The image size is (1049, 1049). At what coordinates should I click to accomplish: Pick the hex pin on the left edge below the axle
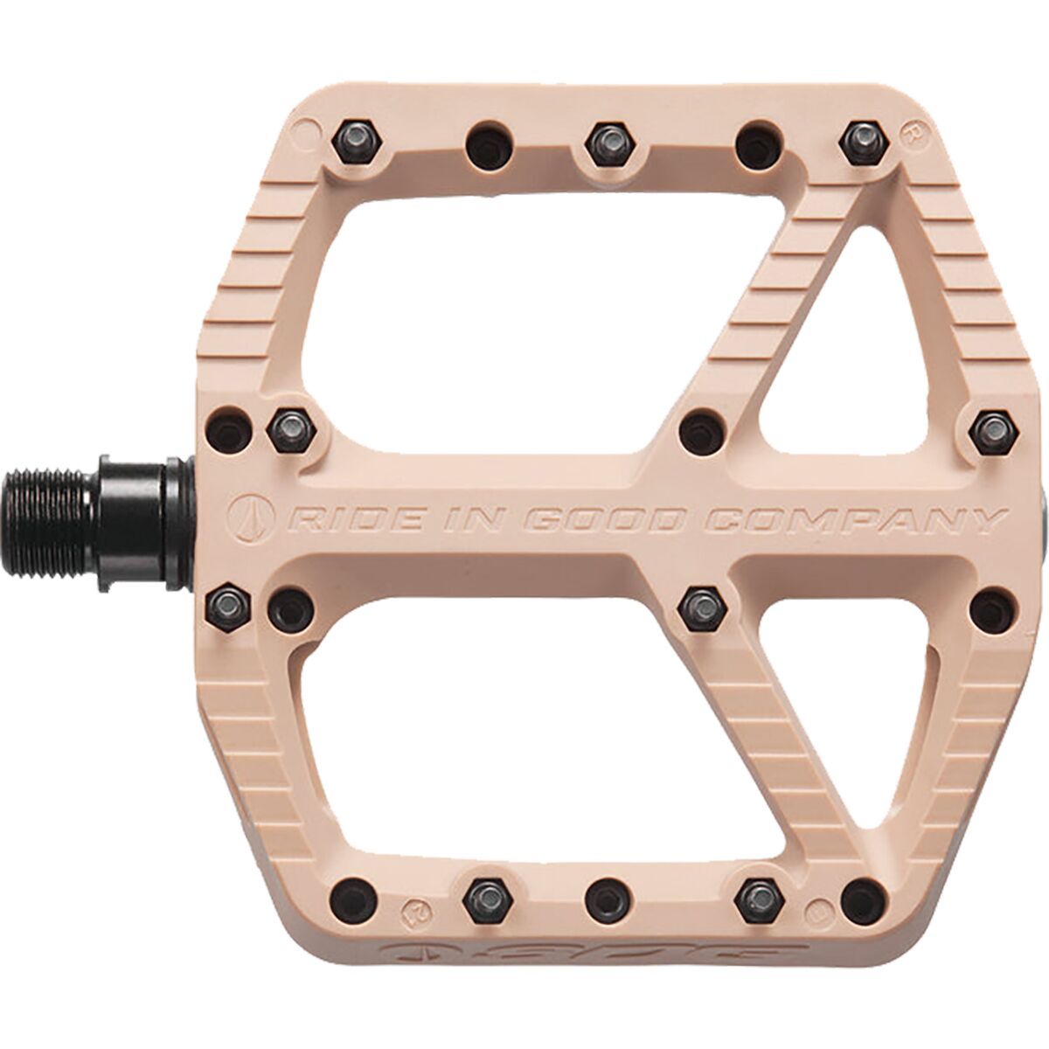point(230,601)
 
